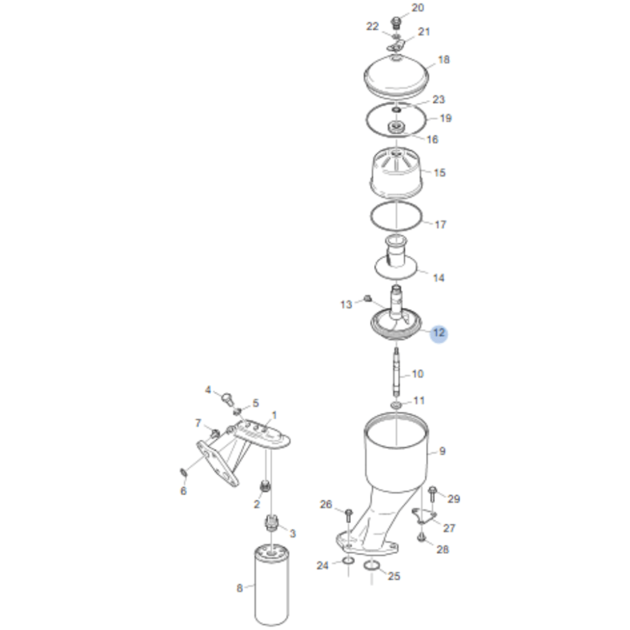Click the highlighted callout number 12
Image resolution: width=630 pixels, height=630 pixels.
point(439,333)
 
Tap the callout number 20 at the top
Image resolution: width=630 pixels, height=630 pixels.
point(418,7)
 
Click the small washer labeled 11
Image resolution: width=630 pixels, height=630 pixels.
point(396,405)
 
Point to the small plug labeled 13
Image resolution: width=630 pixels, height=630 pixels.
point(368,298)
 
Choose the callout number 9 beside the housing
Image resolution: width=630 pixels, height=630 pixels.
point(442,451)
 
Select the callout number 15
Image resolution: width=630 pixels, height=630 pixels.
point(440,173)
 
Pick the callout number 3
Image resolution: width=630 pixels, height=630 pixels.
point(293,533)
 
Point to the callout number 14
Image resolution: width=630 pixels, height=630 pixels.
point(439,278)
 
